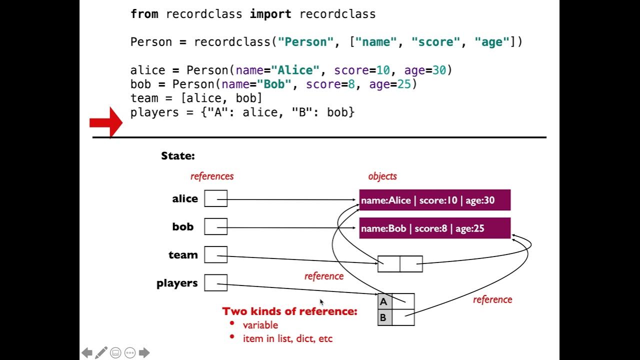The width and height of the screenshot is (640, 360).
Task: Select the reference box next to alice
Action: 215,198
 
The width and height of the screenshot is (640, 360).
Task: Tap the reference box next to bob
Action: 215,226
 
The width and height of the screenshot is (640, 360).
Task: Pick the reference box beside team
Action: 215,254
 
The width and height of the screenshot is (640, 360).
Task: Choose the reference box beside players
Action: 215,283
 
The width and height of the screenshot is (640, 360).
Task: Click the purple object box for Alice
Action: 435,200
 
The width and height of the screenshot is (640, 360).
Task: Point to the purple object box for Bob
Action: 435,228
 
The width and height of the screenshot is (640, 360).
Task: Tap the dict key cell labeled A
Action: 385,301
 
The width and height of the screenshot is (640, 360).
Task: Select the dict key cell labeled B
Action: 385,317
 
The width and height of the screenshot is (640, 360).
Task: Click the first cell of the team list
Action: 389,264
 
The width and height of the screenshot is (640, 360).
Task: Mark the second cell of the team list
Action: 411,264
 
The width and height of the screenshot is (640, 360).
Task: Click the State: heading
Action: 178,156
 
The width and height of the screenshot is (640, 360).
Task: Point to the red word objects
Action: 382,176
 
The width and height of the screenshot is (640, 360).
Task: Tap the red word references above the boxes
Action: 212,176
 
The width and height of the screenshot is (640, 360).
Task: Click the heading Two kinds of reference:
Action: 289,311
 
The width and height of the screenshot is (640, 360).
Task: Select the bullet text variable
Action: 260,325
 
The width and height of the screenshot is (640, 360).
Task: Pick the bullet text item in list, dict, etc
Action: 287,338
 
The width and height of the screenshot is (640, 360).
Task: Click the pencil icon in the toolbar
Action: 101,352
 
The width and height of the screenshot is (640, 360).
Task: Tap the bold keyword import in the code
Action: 270,14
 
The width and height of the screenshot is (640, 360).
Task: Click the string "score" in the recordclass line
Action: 435,42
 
